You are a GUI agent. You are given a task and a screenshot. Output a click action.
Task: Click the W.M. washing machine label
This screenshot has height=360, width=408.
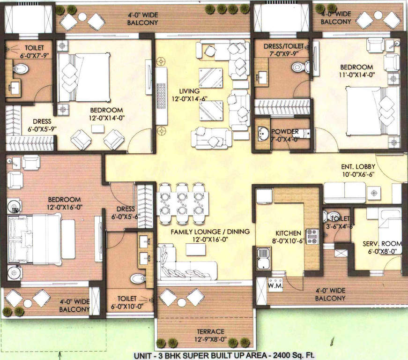(x=274, y=285)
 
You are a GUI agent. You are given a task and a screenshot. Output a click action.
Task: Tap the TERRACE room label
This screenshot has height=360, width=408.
(x=207, y=331)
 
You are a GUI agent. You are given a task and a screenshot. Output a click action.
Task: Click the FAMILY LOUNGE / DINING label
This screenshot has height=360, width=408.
(x=210, y=232)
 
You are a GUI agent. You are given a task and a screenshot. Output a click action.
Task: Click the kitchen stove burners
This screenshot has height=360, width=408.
(x=312, y=236)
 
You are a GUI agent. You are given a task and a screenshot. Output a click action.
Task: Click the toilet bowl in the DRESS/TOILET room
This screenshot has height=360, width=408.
(x=298, y=67)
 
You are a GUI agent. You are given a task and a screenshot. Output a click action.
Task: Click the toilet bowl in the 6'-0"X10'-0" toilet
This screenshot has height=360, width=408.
(x=138, y=279)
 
